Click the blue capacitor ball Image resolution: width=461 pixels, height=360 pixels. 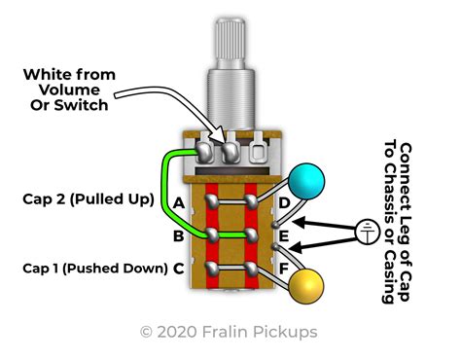[306, 181]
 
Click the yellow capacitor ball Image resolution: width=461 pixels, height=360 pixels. [306, 287]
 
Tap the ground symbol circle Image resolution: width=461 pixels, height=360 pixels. [367, 232]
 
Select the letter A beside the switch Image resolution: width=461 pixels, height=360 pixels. [179, 203]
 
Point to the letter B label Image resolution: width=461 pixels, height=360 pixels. [178, 235]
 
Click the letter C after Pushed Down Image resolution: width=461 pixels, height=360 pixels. [179, 269]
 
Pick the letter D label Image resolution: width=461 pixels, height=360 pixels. [284, 203]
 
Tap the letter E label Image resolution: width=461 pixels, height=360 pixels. [284, 235]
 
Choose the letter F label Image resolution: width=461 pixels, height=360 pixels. [284, 269]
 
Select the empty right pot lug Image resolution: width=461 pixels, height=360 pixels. [258, 148]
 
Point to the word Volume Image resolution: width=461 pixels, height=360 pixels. [69, 90]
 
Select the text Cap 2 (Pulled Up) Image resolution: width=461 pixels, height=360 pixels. [89, 199]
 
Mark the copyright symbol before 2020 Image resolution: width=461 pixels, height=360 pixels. [146, 332]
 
